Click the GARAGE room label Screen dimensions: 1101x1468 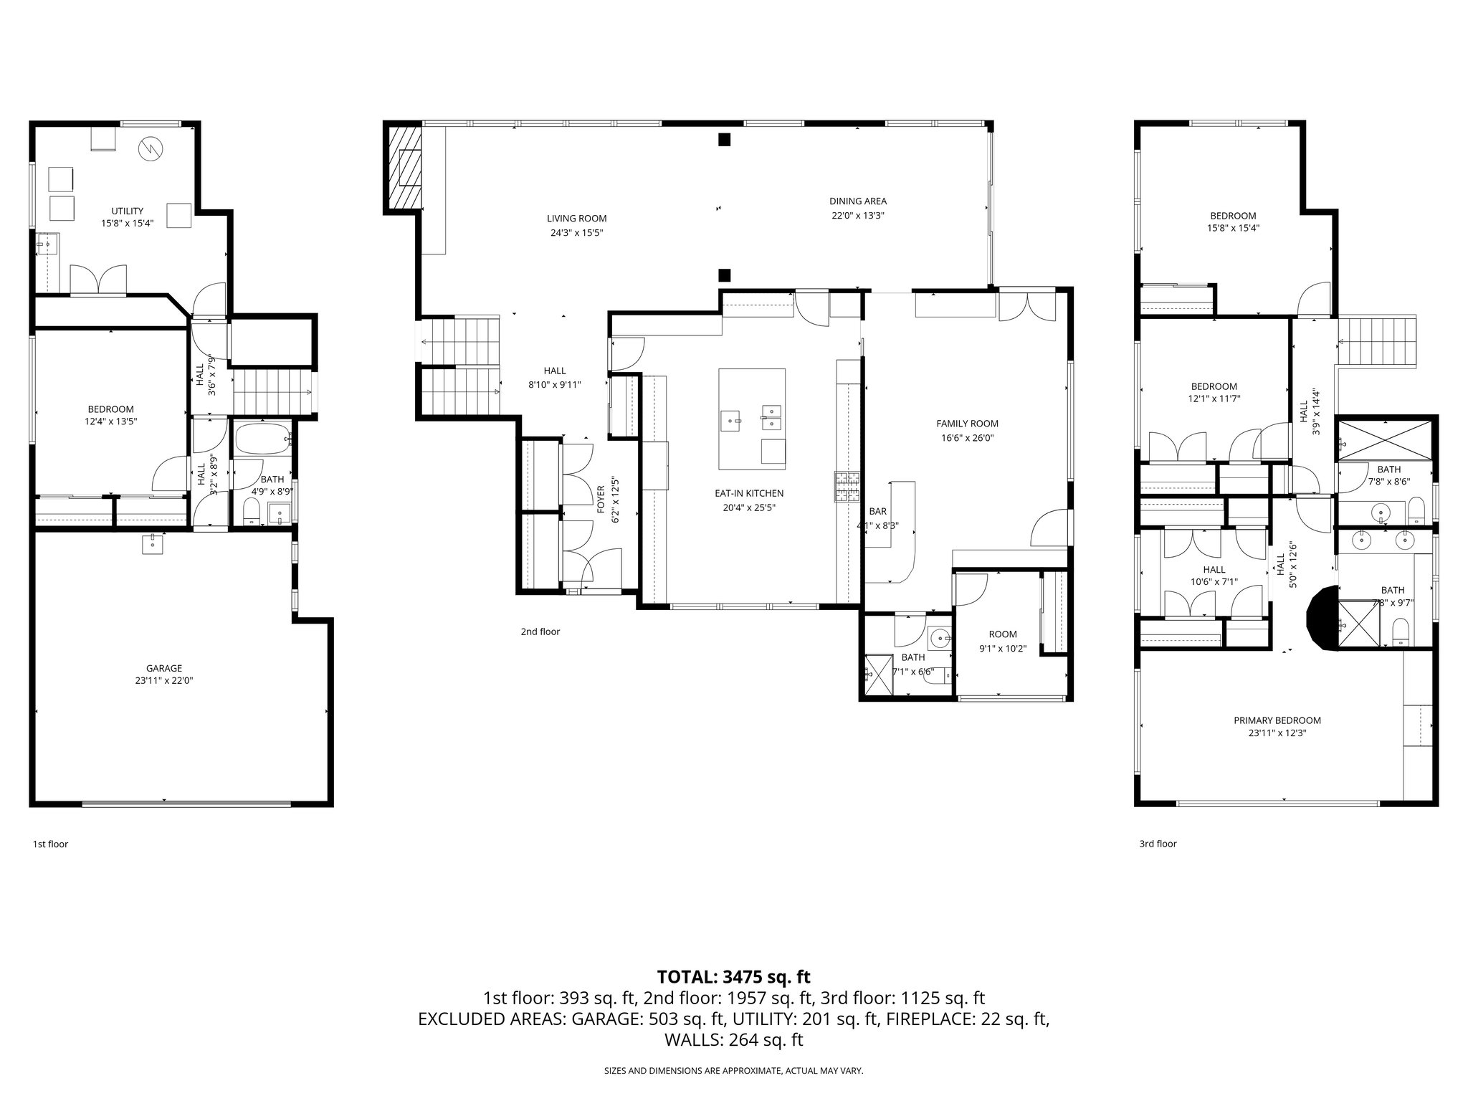tap(164, 668)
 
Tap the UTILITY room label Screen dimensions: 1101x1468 tap(127, 211)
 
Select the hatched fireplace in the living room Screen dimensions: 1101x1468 tap(404, 167)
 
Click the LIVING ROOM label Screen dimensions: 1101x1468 tap(576, 219)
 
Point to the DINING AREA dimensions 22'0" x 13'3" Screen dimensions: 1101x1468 tap(858, 215)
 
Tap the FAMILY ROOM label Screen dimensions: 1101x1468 tap(967, 424)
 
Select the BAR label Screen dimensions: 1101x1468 tap(877, 512)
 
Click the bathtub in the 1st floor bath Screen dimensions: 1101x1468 tap(262, 439)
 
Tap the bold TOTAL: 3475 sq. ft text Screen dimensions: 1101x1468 tap(733, 976)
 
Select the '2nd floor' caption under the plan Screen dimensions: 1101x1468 tap(540, 631)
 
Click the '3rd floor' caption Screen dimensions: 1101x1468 tap(1158, 844)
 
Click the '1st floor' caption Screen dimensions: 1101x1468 tap(50, 844)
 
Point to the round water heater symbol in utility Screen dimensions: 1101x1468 tap(151, 148)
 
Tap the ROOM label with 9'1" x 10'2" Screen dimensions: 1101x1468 tap(1002, 634)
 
